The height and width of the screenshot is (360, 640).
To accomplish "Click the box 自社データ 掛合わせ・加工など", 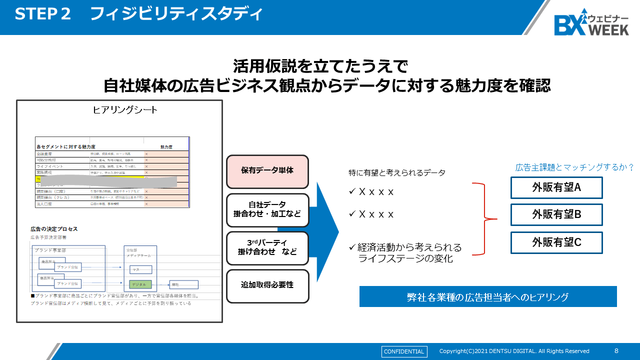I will coord(267,209).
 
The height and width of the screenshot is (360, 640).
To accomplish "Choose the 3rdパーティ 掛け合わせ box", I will coord(267,247).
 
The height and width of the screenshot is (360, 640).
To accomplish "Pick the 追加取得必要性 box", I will coord(267,285).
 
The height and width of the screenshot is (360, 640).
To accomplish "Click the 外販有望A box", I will coord(556,187).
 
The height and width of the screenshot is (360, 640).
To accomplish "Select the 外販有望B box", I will coord(556,214).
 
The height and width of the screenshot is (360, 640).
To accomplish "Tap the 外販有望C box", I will coord(556,242).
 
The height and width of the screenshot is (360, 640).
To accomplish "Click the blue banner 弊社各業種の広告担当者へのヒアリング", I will coord(487,296).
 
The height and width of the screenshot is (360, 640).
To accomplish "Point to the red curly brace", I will coord(484,218).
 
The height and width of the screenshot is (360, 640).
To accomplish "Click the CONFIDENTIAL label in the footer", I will coord(404,351).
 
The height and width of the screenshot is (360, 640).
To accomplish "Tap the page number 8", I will coord(616,351).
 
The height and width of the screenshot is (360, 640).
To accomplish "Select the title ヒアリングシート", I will coord(125,110).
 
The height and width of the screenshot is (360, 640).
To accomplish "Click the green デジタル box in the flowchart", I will coord(140,284).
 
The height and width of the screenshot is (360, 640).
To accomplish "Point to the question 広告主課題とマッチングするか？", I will coord(574,167).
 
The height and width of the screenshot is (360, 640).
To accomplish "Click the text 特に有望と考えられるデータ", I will coord(396,173).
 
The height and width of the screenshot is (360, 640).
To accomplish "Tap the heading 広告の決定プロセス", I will coord(54,229).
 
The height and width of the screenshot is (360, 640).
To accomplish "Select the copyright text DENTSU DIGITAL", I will coord(514,351).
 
